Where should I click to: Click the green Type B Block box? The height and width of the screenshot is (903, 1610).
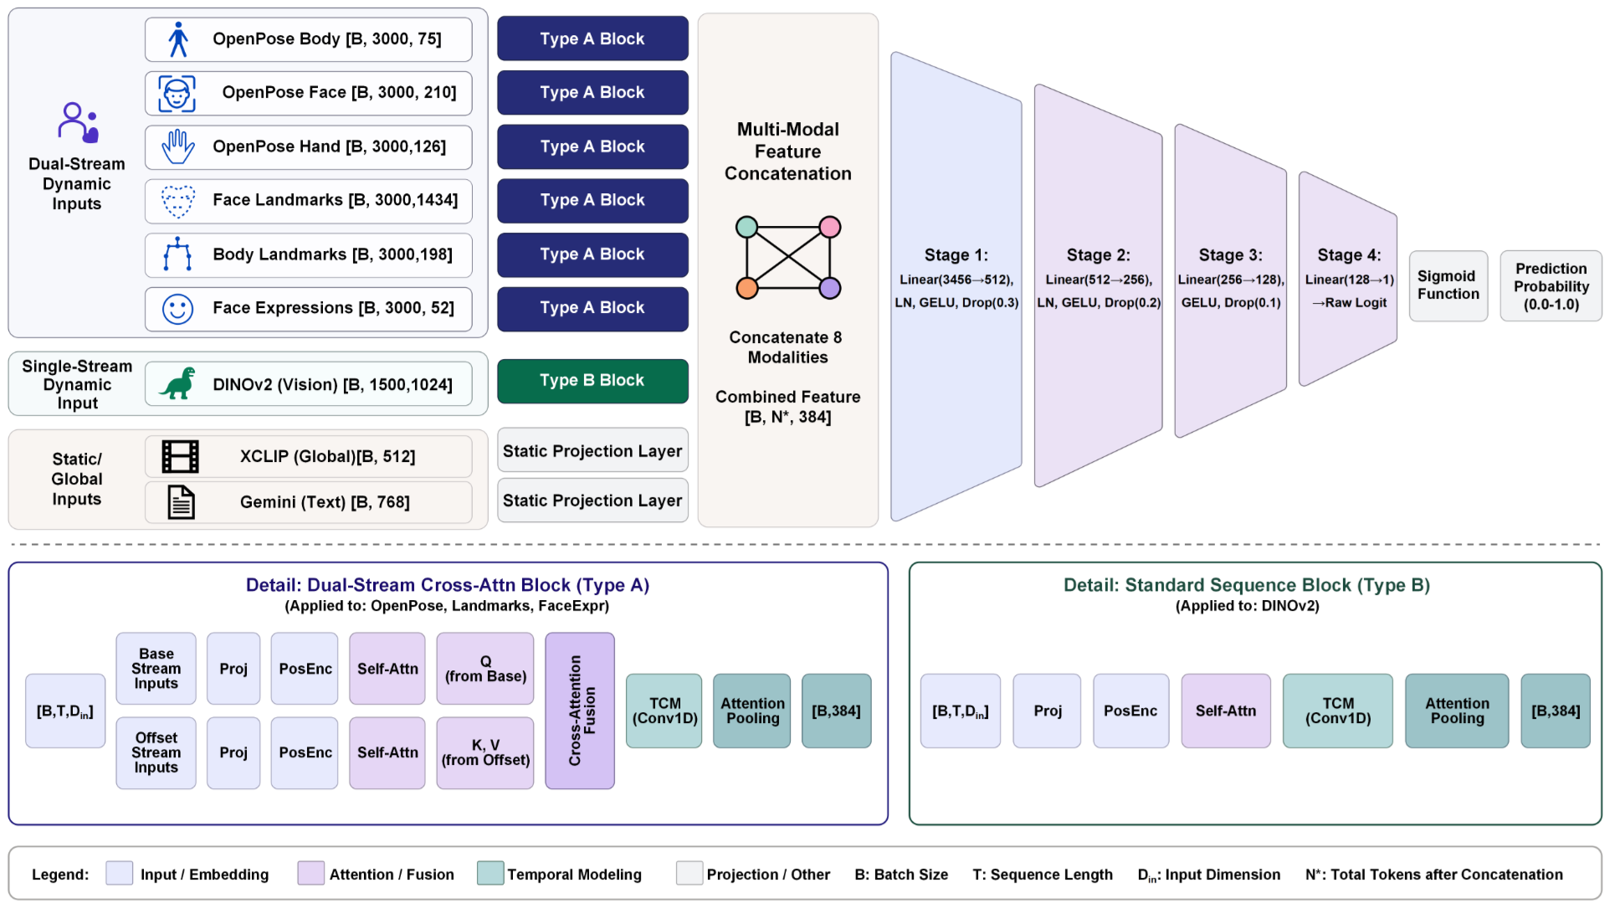(592, 381)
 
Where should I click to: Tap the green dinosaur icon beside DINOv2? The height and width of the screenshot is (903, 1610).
(178, 384)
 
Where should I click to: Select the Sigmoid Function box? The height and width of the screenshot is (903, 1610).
(1448, 285)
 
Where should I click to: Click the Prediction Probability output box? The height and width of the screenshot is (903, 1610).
(1551, 285)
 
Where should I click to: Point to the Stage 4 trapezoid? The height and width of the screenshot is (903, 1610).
(1348, 279)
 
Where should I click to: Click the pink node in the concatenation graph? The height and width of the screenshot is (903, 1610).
(829, 227)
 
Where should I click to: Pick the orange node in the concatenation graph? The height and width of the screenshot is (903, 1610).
(746, 289)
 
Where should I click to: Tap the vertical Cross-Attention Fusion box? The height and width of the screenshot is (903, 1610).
(580, 711)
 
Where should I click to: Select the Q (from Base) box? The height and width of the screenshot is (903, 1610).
(485, 669)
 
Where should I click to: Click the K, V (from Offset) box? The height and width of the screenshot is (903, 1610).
(485, 752)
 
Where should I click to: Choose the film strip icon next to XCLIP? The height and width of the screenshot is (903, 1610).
(180, 457)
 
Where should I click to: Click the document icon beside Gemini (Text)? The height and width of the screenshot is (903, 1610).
(181, 502)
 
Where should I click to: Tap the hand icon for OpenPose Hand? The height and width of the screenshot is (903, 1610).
(177, 147)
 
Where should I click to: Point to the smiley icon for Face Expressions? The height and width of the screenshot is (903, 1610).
(177, 309)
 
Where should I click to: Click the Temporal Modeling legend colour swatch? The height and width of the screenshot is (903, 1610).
(490, 873)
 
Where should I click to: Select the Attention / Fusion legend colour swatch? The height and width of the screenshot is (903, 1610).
(310, 873)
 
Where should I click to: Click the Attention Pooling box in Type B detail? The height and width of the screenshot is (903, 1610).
(1457, 711)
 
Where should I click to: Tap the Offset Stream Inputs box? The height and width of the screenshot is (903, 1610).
(156, 752)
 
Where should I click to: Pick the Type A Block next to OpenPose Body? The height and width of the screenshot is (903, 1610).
(592, 38)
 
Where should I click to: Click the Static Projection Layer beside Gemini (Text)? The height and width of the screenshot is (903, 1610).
(592, 500)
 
